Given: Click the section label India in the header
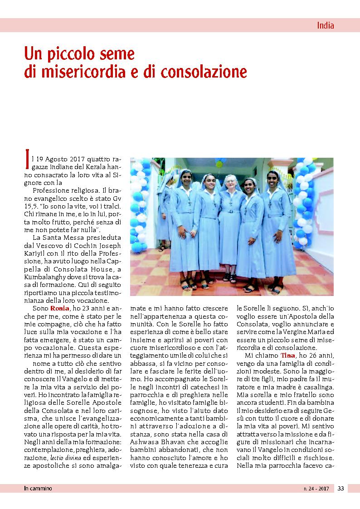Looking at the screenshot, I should point(325,25).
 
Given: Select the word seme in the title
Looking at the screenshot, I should point(117,54).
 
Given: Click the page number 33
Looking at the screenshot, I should point(341,488).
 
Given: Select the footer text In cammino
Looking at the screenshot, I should point(38,488).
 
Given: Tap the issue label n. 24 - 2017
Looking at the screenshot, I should point(316,488).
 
